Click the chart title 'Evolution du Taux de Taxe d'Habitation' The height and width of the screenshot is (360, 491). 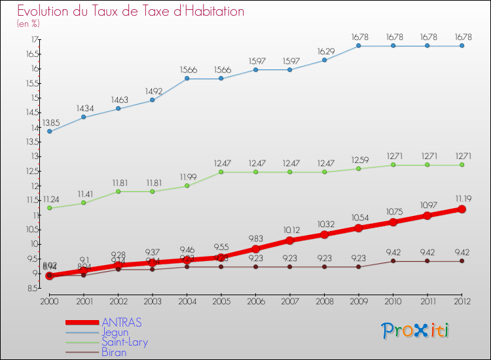[x=131, y=11]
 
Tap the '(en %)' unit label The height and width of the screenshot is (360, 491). [x=28, y=24]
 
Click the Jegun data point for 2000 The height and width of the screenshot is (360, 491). [x=50, y=132]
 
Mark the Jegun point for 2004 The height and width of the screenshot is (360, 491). [x=187, y=79]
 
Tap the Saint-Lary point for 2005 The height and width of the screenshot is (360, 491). [x=221, y=172]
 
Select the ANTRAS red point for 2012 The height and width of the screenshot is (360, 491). [x=462, y=209]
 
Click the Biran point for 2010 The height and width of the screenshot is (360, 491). [x=393, y=261]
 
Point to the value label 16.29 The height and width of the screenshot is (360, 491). [x=325, y=51]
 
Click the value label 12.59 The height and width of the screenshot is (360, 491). [x=359, y=160]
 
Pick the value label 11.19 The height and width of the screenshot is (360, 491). [x=462, y=198]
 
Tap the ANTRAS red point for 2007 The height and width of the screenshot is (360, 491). [x=290, y=240]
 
